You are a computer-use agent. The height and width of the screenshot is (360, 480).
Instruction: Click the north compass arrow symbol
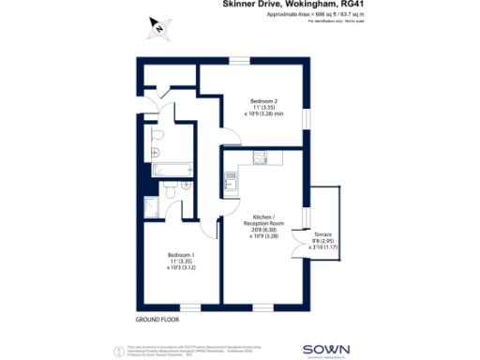pos(160,30)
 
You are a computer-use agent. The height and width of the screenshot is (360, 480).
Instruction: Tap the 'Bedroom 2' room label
pos(262,100)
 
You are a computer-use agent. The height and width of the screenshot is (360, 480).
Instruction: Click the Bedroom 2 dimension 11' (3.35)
pos(262,108)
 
